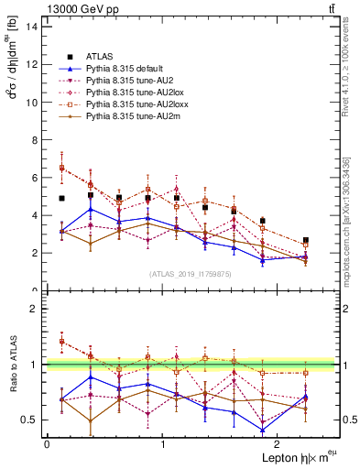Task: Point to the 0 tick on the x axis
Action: pos(47,445)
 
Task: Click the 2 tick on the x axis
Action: pos(280,445)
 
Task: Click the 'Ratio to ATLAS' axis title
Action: pos(11,366)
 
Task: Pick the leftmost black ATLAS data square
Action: pos(61,198)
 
